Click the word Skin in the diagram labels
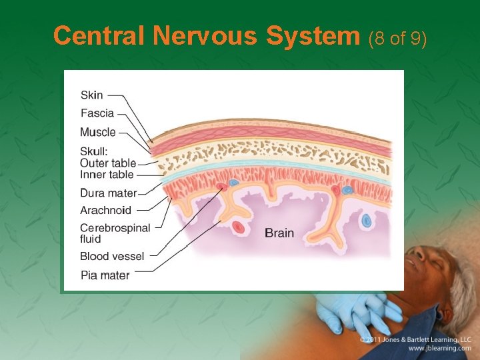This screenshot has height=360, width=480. pyautogui.click(x=92, y=95)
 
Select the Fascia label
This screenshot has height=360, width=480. pyautogui.click(x=97, y=113)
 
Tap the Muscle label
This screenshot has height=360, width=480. pyautogui.click(x=98, y=132)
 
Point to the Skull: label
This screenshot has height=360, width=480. pyautogui.click(x=94, y=151)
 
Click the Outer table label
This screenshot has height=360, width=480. pyautogui.click(x=108, y=163)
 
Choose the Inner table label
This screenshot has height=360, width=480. pyautogui.click(x=107, y=175)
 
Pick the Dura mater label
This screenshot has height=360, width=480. pyautogui.click(x=109, y=193)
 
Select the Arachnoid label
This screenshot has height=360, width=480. pyautogui.click(x=106, y=211)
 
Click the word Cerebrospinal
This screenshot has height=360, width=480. pyautogui.click(x=115, y=228)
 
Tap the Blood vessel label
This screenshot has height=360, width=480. pyautogui.click(x=112, y=257)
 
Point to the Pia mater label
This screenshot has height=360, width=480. pyautogui.click(x=105, y=275)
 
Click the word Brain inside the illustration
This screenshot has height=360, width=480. pyautogui.click(x=279, y=233)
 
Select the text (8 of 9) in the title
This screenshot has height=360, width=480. pyautogui.click(x=398, y=38)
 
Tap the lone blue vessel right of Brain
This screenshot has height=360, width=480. pyautogui.click(x=366, y=219)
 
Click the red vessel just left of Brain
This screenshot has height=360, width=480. pyautogui.click(x=238, y=227)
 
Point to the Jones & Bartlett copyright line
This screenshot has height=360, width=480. pyautogui.click(x=415, y=339)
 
